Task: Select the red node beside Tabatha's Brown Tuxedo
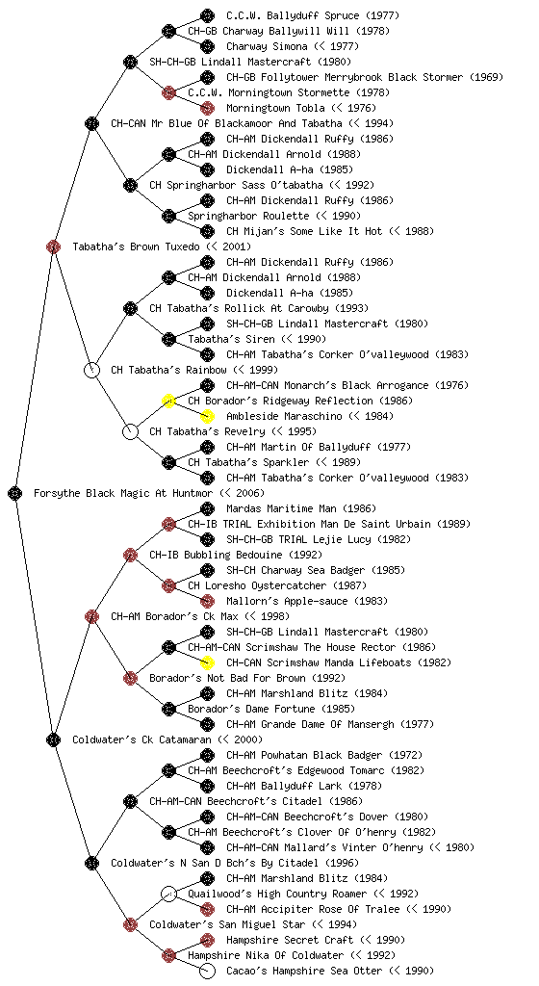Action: [x=53, y=246]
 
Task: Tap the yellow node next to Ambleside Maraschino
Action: [x=207, y=416]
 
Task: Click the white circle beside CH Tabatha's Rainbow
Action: [x=91, y=370]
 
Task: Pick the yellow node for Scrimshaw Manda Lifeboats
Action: [x=207, y=662]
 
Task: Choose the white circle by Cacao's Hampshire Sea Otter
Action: [x=207, y=971]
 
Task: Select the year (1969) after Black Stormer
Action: [x=486, y=77]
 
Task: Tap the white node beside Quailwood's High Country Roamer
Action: [x=168, y=894]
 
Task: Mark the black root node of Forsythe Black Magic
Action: [x=15, y=493]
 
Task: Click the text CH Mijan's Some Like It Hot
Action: [x=304, y=231]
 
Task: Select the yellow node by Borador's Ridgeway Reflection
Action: [x=168, y=401]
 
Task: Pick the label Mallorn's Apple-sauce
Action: [x=287, y=601]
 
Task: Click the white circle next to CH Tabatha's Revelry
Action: [x=130, y=431]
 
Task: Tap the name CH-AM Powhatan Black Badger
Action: [x=304, y=755]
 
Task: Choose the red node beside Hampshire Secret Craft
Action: [x=207, y=940]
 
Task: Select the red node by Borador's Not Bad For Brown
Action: [x=130, y=678]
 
